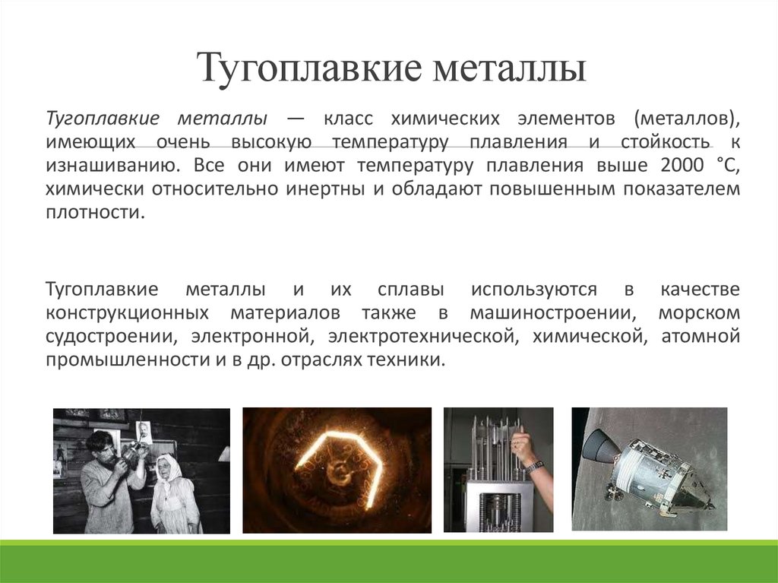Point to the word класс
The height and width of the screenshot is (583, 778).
349,119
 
